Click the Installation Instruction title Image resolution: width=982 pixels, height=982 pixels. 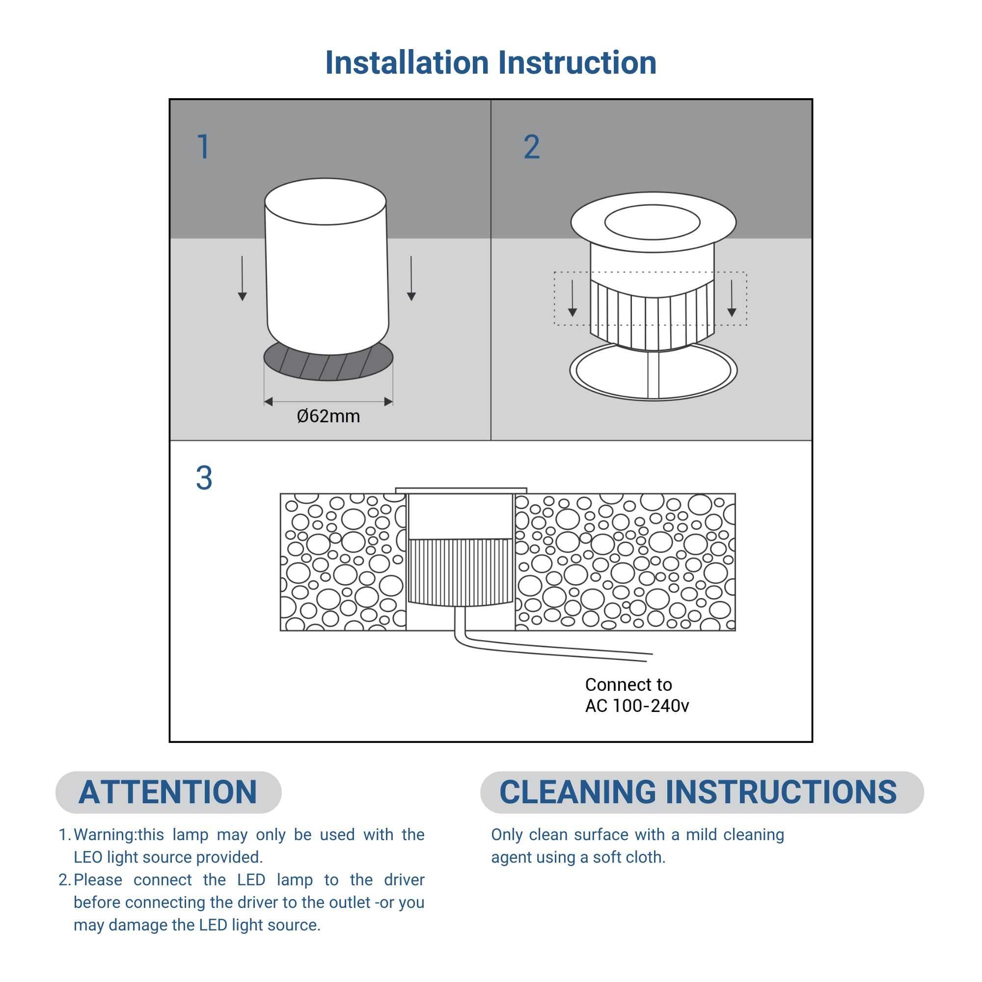pyautogui.click(x=491, y=62)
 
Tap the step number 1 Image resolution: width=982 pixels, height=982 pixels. pyautogui.click(x=203, y=147)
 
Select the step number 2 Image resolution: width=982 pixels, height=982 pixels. pyautogui.click(x=532, y=147)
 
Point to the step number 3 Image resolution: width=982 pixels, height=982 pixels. pyautogui.click(x=204, y=478)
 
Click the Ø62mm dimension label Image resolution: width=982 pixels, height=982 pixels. pyautogui.click(x=328, y=416)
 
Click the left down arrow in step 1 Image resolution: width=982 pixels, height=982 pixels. pyautogui.click(x=243, y=278)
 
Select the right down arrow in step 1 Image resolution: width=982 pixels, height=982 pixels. pyautogui.click(x=411, y=278)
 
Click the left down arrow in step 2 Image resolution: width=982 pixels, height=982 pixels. pyautogui.click(x=573, y=299)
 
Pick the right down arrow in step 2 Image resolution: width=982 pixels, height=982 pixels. pyautogui.click(x=732, y=299)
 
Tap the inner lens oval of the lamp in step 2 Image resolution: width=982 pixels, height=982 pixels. pyautogui.click(x=652, y=222)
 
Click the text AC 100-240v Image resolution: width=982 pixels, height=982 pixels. pyautogui.click(x=637, y=706)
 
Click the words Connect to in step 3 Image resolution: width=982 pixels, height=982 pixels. pyautogui.click(x=629, y=684)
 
